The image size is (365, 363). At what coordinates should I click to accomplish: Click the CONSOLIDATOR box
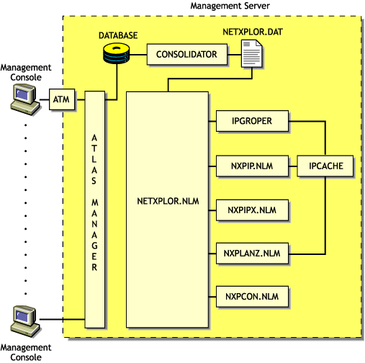(x=186, y=55)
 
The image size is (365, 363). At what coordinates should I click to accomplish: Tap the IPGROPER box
(x=252, y=122)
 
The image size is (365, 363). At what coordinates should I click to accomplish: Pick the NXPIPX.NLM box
(x=252, y=210)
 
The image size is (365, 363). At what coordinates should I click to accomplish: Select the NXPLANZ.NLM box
(x=252, y=254)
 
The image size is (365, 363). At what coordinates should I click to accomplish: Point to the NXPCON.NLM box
(x=252, y=297)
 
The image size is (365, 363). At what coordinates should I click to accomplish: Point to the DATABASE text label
(x=118, y=34)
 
